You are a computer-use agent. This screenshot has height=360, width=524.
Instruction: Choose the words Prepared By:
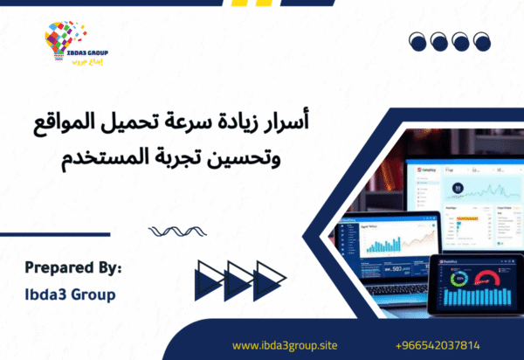pos(72,266)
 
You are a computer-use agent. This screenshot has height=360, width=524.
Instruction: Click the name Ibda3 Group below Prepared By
pos(70,294)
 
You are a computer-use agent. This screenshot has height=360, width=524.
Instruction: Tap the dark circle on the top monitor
pos(457,187)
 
